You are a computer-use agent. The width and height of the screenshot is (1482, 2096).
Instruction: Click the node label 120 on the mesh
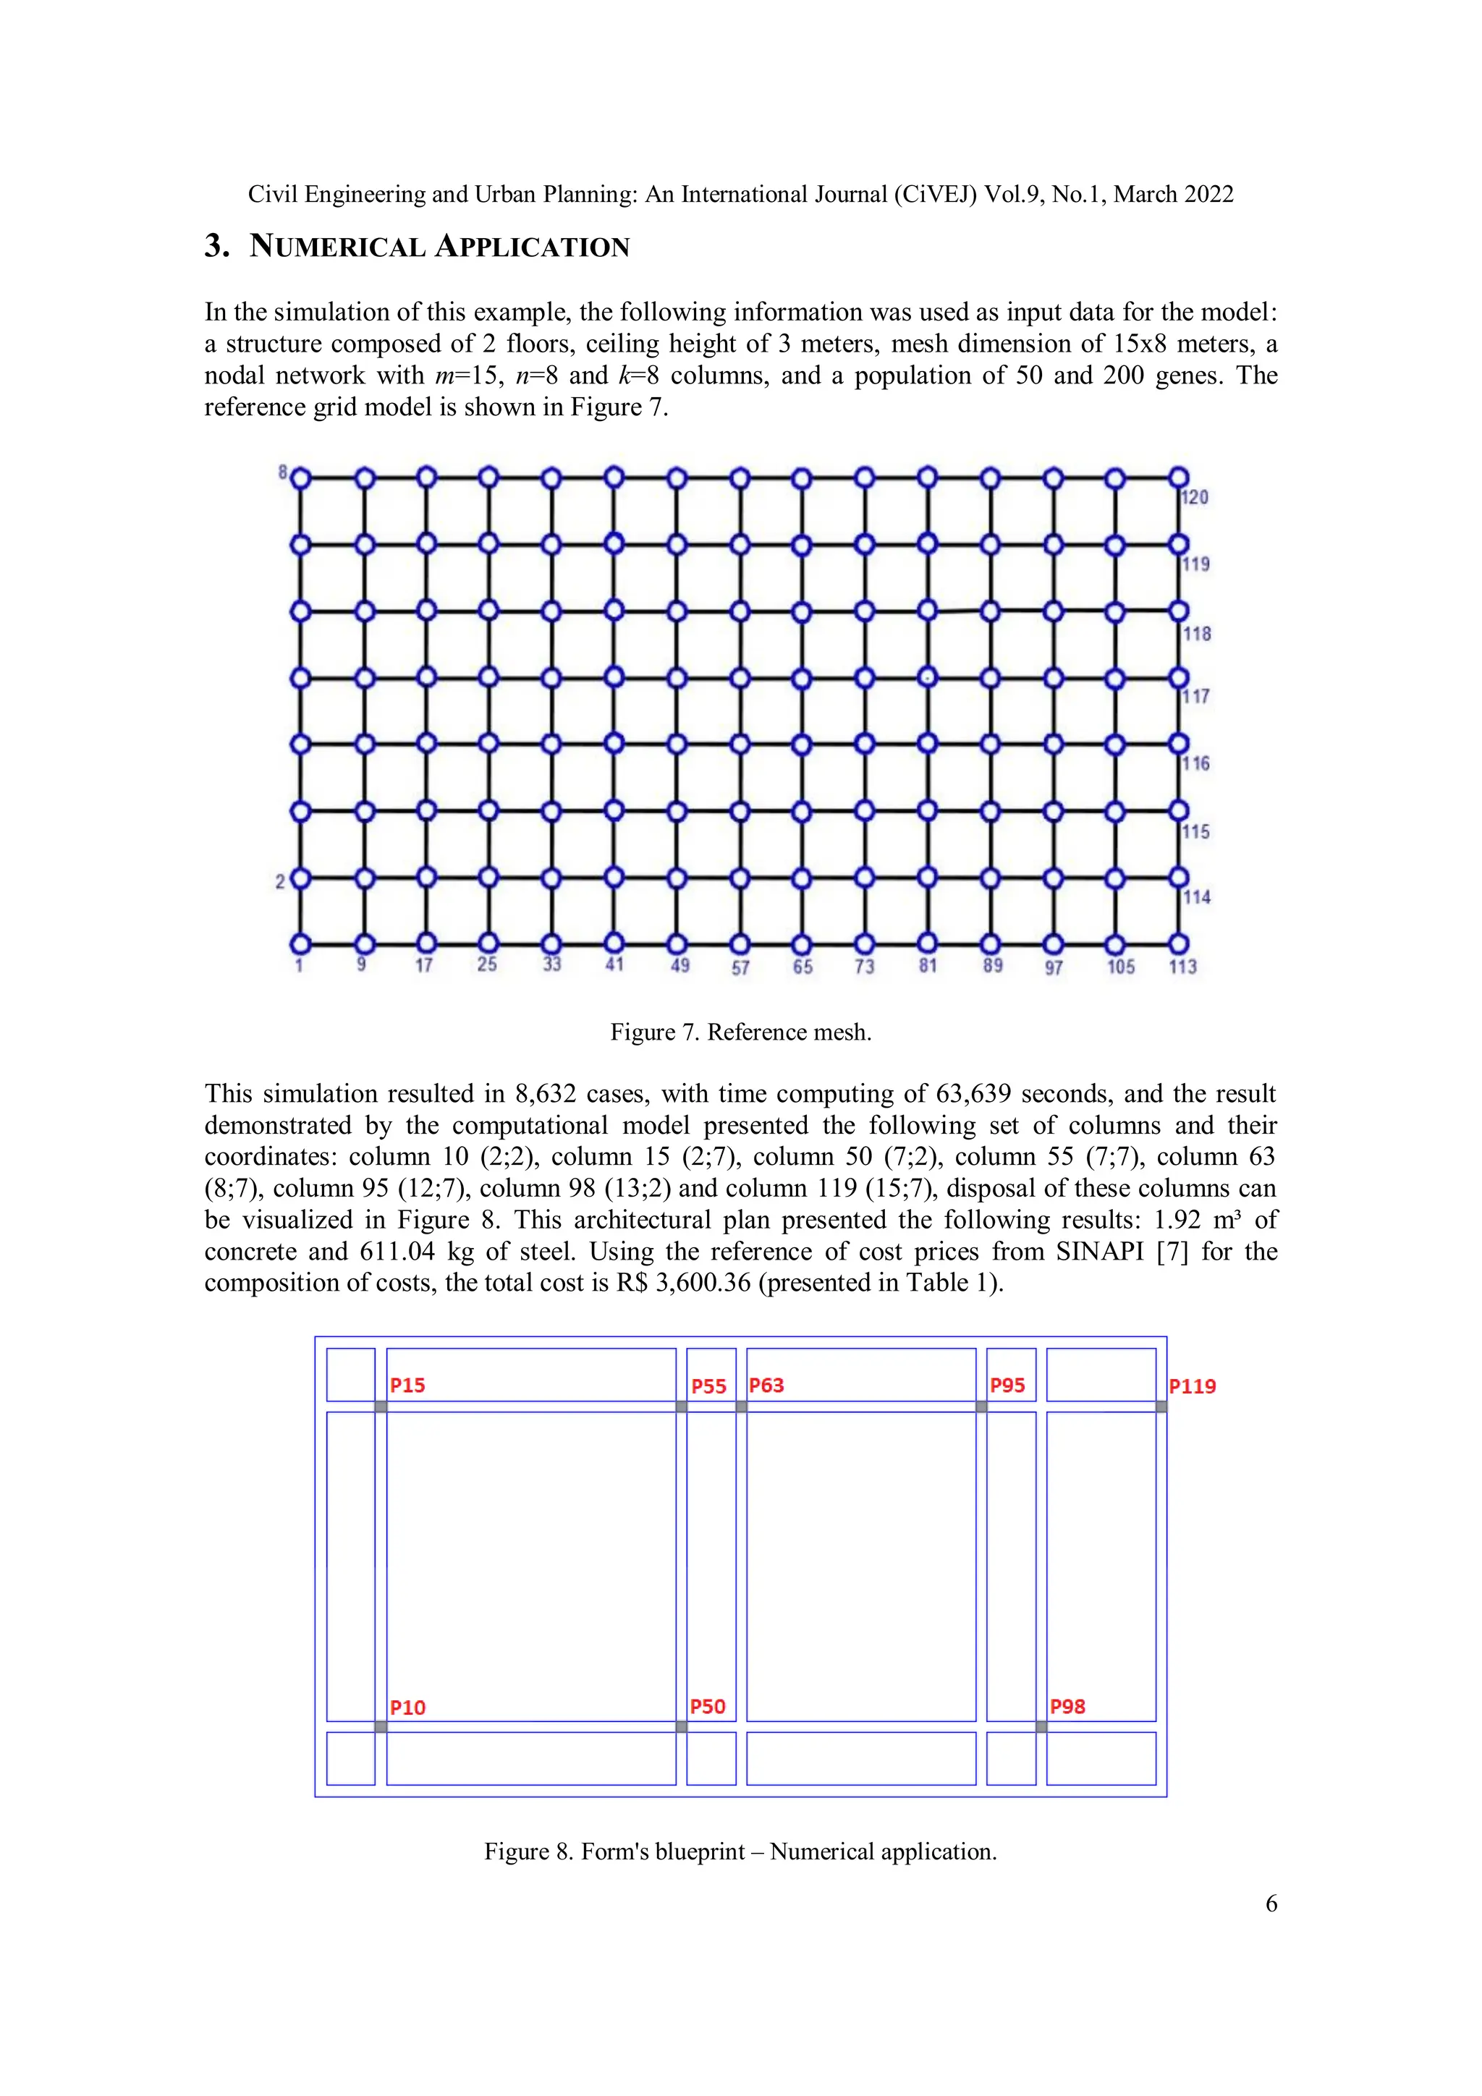pyautogui.click(x=1195, y=498)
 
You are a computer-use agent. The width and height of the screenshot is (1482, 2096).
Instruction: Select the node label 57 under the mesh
pyautogui.click(x=740, y=967)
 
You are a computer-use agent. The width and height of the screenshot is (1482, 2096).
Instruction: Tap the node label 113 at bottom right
pyautogui.click(x=1182, y=966)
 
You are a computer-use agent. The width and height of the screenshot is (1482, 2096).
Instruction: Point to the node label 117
pyautogui.click(x=1195, y=697)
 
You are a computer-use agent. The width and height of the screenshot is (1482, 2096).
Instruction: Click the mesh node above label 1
pyautogui.click(x=300, y=943)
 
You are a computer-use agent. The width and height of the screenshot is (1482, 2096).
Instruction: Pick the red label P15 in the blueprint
pyautogui.click(x=407, y=1385)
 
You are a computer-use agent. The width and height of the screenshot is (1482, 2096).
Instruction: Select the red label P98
pyautogui.click(x=1067, y=1706)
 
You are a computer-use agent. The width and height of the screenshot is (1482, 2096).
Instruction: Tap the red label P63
pyautogui.click(x=766, y=1385)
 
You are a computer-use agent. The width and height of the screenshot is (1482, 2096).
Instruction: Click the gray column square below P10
pyautogui.click(x=381, y=1726)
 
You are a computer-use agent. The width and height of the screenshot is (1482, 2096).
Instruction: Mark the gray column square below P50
pyautogui.click(x=681, y=1726)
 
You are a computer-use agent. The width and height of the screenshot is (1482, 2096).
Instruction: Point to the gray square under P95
pyautogui.click(x=982, y=1406)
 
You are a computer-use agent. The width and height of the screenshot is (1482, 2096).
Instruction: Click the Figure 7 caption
pyautogui.click(x=740, y=1032)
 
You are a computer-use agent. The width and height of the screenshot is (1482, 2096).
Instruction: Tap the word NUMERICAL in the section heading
pyautogui.click(x=337, y=247)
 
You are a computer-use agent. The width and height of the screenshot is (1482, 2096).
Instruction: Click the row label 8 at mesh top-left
pyautogui.click(x=283, y=472)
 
